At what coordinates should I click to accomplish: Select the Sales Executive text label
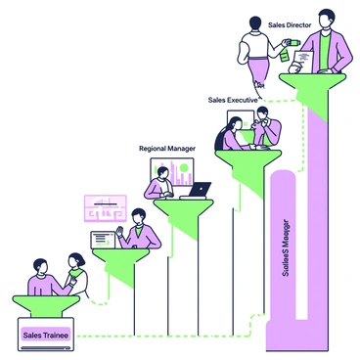232,100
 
